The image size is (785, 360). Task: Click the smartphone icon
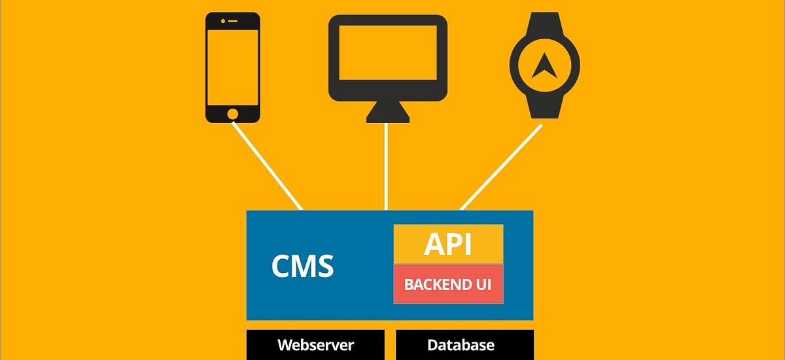233,68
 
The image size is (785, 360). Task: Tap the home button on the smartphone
233,114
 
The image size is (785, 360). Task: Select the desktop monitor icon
388,59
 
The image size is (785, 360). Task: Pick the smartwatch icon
544,65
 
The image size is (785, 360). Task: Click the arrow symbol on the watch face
544,65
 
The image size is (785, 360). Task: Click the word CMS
302,266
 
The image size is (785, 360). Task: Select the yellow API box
448,244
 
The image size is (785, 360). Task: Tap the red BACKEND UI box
448,284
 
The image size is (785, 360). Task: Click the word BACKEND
436,285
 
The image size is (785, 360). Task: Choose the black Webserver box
315,345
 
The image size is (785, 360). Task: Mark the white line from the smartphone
268,167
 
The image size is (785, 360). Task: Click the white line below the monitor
387,167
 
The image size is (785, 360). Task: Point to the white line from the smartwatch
501,167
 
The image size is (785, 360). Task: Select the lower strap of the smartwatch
544,107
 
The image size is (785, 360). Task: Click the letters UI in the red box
483,285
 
